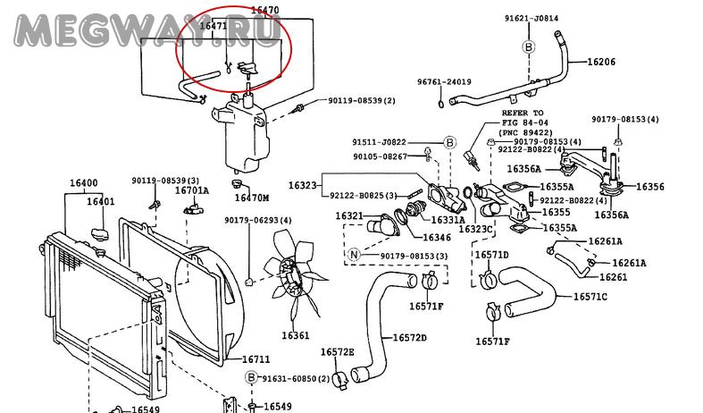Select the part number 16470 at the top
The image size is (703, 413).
point(239,10)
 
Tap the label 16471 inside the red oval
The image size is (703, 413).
point(213,27)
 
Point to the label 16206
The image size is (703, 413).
point(601,63)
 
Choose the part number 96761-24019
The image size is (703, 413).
point(444,82)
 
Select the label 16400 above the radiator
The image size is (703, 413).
point(84,184)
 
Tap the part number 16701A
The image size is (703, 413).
point(191,190)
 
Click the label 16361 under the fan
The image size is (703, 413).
point(296,336)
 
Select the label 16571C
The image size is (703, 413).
point(590,296)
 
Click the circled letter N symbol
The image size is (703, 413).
point(353,255)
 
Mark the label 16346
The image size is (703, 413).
point(436,238)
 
